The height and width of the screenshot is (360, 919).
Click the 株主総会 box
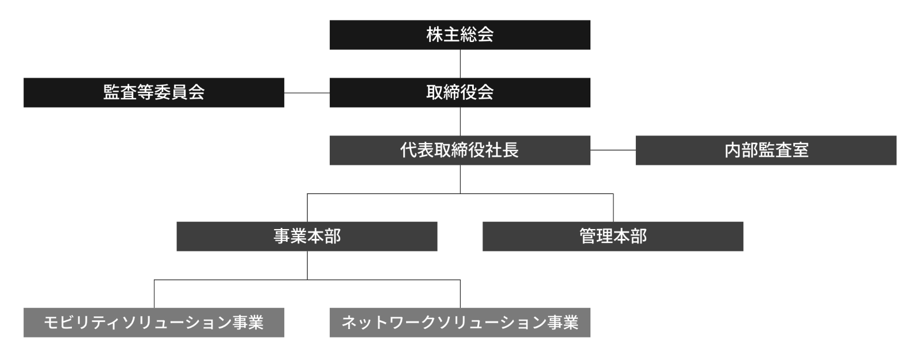459,35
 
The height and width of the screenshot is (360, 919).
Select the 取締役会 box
459,92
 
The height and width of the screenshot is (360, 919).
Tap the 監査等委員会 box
153,92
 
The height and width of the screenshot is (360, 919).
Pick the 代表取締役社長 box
459,150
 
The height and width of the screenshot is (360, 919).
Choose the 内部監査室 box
766,150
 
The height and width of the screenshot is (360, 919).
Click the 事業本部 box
307,237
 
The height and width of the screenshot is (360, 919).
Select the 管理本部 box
613,237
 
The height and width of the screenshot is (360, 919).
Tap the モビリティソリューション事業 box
153,323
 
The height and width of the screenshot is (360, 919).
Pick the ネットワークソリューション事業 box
459,323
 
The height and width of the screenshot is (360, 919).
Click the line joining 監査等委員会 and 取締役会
307,92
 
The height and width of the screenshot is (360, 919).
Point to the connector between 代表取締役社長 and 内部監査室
613,150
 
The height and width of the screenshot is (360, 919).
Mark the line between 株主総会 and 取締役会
460,64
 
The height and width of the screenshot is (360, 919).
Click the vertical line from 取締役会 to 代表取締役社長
460,121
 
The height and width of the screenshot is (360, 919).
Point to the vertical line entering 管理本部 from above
613,208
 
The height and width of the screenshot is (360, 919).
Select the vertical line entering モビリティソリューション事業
154,294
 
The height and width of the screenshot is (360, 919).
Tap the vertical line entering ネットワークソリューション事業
460,294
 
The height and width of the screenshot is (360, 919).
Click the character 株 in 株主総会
434,35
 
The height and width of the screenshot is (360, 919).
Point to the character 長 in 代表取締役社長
511,150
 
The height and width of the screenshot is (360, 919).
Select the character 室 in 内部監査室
800,150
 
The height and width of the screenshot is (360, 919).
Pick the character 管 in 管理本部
588,237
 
